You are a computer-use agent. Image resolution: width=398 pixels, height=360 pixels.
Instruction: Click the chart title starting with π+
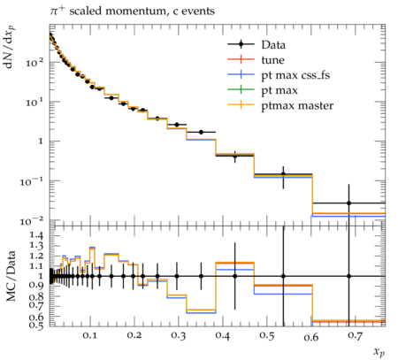click(x=132, y=11)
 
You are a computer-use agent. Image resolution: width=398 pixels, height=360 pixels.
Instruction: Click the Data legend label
click(x=273, y=45)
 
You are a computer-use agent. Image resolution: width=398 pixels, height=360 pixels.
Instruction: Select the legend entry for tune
click(x=272, y=60)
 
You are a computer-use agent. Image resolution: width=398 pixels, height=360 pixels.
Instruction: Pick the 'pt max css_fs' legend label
click(x=295, y=75)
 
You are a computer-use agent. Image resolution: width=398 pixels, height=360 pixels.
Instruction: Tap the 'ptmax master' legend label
click(x=297, y=106)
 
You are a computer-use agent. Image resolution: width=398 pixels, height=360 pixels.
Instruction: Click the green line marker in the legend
click(x=241, y=89)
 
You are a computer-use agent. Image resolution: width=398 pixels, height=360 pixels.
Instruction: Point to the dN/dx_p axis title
click(x=10, y=47)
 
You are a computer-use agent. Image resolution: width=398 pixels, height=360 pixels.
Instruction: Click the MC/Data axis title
click(x=11, y=276)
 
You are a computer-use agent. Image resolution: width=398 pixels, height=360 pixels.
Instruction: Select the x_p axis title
click(x=379, y=351)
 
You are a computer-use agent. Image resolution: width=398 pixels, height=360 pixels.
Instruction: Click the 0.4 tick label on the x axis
click(x=222, y=335)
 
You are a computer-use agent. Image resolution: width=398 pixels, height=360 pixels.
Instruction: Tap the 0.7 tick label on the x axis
click(x=355, y=335)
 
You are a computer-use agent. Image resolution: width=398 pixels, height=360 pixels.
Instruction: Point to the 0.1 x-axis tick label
click(x=89, y=335)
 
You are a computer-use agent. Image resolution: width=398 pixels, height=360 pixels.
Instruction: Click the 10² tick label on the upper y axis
click(x=34, y=63)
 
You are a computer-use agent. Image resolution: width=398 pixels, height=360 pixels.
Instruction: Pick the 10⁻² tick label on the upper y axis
click(x=32, y=221)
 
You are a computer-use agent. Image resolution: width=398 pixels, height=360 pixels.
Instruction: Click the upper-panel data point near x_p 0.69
click(x=349, y=203)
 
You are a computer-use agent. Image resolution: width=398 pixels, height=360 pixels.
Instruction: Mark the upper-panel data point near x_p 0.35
click(x=202, y=132)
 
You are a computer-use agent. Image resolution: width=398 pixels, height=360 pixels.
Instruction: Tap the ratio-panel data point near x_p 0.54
click(x=283, y=276)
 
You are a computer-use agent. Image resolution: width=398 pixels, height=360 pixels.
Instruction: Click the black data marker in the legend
click(x=241, y=44)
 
